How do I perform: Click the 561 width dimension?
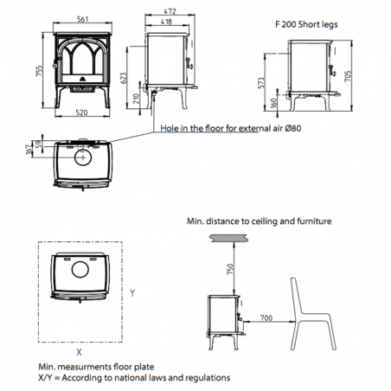[x=82, y=19]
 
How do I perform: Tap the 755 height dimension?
[x=39, y=71]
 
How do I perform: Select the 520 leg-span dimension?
[x=81, y=112]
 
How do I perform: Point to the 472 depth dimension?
[x=170, y=11]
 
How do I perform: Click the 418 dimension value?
[x=166, y=22]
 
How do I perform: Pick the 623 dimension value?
[x=123, y=78]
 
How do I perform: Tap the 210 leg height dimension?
[x=137, y=99]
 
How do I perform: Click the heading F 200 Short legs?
[x=306, y=24]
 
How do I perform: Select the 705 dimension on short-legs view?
[x=348, y=76]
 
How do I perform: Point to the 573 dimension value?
[x=261, y=83]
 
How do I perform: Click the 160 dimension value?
[x=274, y=104]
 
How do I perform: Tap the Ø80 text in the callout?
[x=293, y=128]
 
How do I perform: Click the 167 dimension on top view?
[x=29, y=150]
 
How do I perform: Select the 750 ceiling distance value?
[x=230, y=269]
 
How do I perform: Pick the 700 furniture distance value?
[x=266, y=317]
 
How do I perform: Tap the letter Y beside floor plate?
[x=132, y=293]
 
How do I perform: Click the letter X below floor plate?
[x=79, y=352]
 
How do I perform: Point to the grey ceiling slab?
[x=229, y=238]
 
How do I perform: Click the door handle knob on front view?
[x=54, y=66]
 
